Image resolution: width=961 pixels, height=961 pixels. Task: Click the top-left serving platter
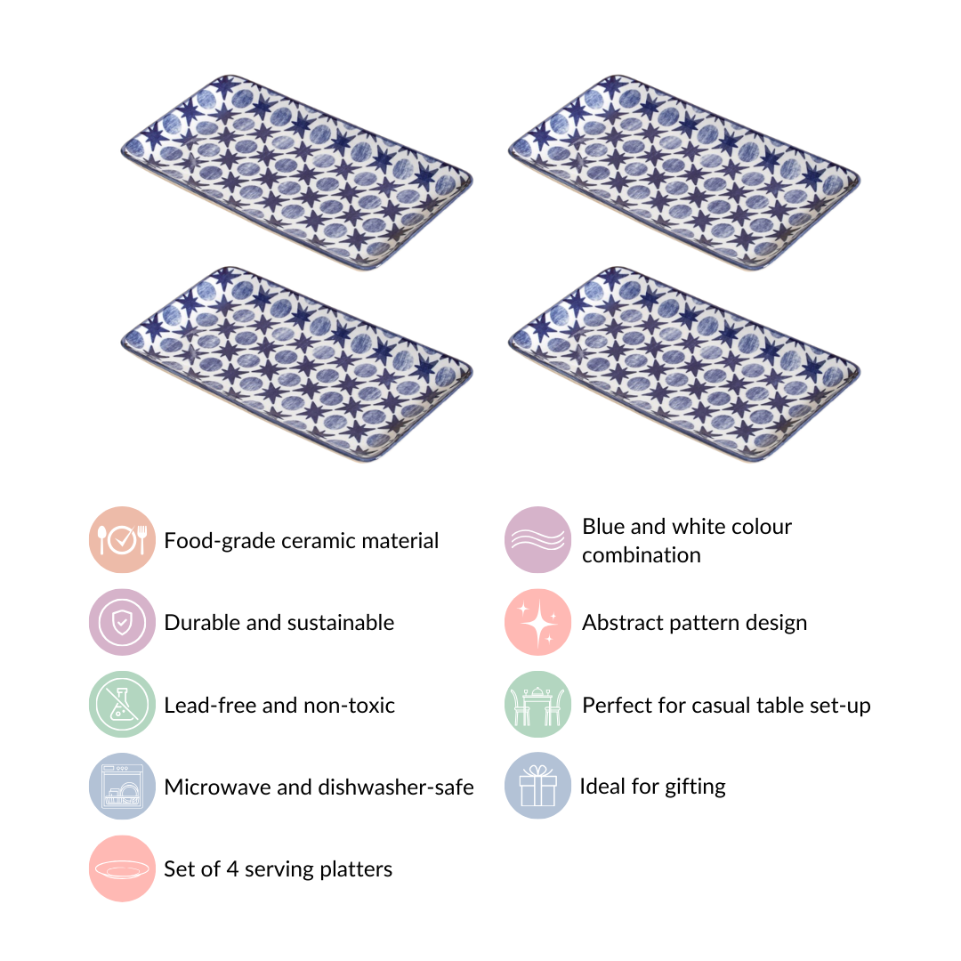click(x=296, y=173)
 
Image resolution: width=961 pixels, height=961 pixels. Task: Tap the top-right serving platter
click(x=684, y=173)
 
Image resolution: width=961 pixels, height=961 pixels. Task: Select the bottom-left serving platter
click(x=296, y=364)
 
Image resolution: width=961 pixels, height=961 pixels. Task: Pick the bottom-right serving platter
click(x=684, y=364)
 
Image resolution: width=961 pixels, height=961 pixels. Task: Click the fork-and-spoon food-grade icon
click(x=122, y=540)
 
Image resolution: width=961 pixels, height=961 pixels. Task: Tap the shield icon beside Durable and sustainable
click(x=122, y=622)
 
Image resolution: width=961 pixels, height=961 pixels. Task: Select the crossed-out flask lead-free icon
click(x=122, y=704)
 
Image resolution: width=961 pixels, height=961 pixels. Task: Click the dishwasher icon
click(x=122, y=787)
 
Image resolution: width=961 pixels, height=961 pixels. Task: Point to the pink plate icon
click(x=122, y=868)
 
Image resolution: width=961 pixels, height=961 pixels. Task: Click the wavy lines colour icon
click(x=537, y=540)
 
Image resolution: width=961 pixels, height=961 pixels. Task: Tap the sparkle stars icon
click(x=537, y=622)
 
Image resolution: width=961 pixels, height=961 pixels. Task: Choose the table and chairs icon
click(x=537, y=704)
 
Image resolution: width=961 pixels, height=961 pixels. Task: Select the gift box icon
click(x=537, y=786)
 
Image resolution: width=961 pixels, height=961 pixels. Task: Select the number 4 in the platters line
click(x=232, y=869)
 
